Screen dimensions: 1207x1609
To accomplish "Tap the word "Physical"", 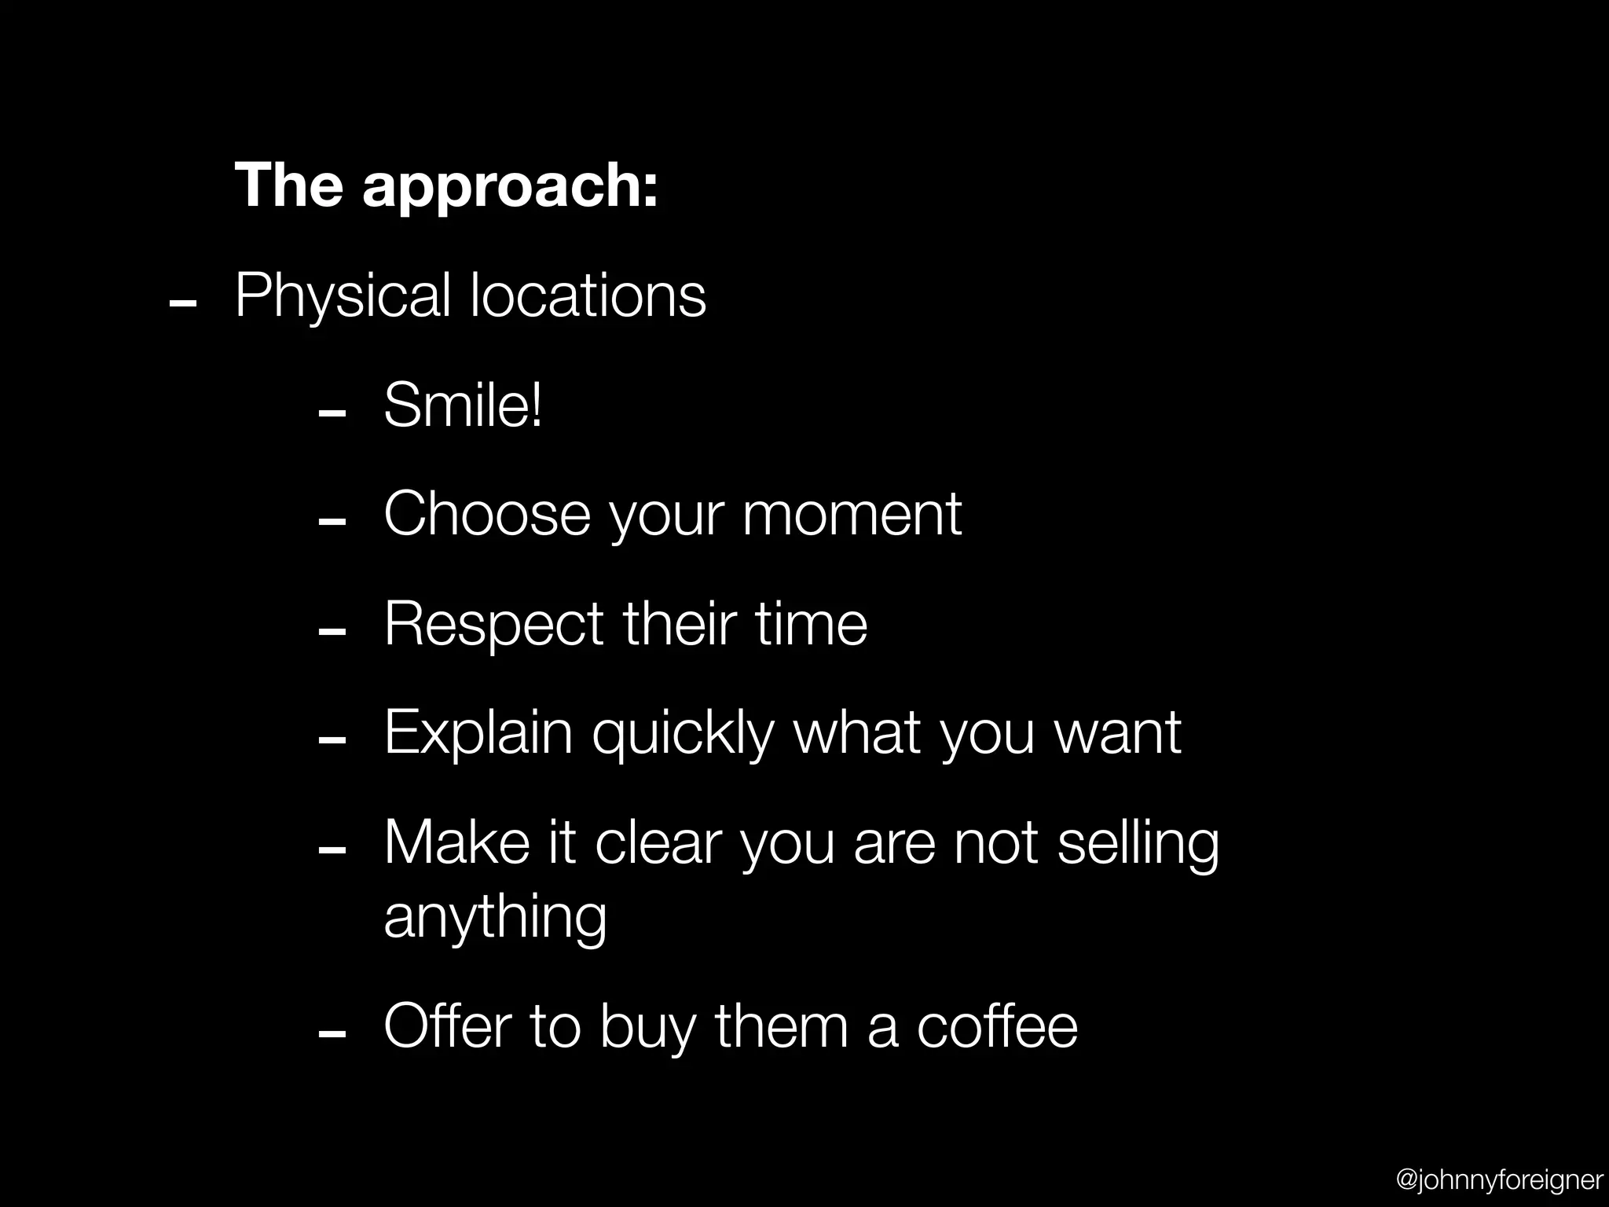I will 343,297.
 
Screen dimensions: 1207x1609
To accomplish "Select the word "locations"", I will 588,295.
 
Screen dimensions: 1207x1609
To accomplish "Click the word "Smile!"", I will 463,405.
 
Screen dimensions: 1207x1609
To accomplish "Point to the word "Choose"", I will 486,514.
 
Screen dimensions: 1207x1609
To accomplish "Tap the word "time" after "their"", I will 811,624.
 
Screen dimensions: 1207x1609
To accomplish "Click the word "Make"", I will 456,842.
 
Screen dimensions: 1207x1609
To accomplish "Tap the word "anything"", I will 495,916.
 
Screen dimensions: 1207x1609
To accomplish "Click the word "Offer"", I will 447,1026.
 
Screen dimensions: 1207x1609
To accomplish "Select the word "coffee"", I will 997,1026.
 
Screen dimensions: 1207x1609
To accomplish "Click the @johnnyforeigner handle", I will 1499,1179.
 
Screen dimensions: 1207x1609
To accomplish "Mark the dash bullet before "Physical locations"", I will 182,303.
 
